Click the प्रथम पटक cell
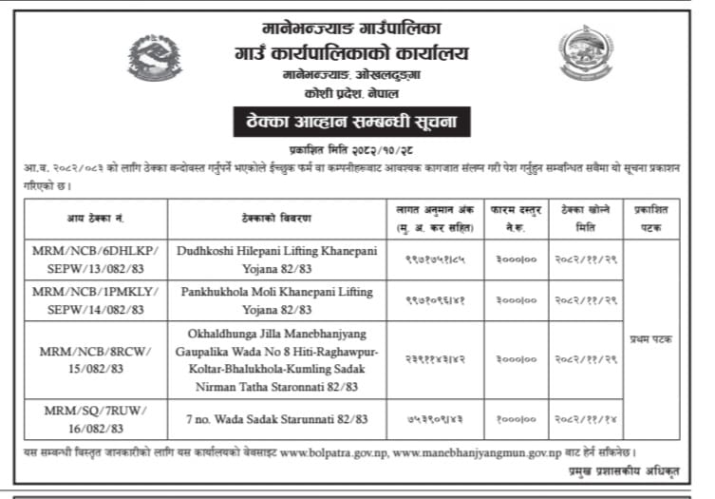651,339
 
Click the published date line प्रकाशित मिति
357,151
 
